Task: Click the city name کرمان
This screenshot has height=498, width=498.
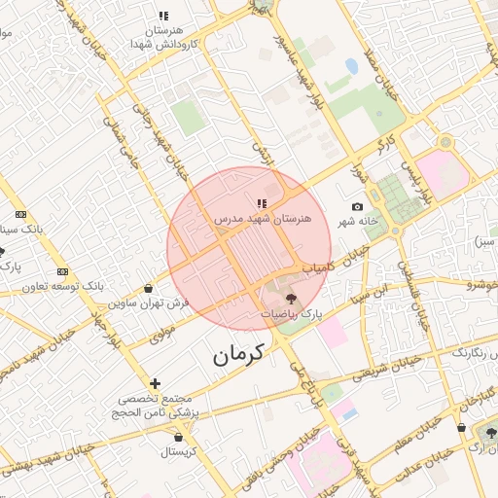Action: (x=237, y=356)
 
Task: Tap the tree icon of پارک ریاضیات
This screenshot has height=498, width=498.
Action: (x=292, y=299)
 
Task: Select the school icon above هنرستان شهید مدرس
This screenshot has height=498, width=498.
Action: (x=261, y=203)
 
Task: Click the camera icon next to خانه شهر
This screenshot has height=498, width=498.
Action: (x=357, y=207)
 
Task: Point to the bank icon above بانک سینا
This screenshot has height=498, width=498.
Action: (x=20, y=215)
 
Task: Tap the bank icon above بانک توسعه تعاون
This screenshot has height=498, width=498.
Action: (x=63, y=271)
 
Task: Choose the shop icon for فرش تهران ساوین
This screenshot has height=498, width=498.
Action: (x=147, y=289)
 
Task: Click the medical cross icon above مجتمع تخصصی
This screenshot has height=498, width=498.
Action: (x=156, y=384)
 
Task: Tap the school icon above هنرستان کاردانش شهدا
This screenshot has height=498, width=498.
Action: (x=163, y=16)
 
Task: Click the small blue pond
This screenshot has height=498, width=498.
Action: (x=350, y=66)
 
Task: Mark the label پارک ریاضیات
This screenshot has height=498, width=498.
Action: (x=290, y=315)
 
